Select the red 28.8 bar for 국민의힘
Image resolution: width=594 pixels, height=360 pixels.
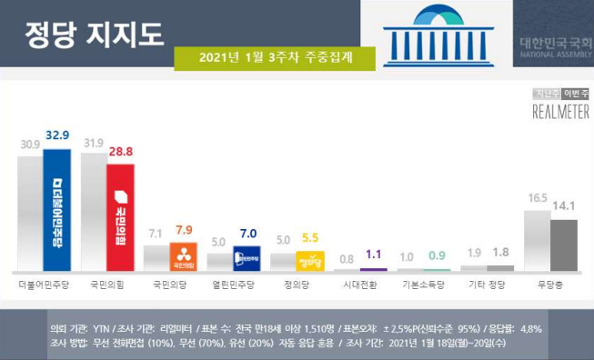pyautogui.click(x=120, y=217)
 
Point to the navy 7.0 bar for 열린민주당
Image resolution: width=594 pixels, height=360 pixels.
pyautogui.click(x=247, y=259)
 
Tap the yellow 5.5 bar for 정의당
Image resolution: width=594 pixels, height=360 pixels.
pyautogui.click(x=310, y=262)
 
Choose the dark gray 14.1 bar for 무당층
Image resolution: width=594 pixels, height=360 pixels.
pyautogui.click(x=564, y=245)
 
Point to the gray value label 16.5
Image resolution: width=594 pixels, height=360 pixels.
pyautogui.click(x=536, y=197)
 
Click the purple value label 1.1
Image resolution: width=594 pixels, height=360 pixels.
pyautogui.click(x=374, y=255)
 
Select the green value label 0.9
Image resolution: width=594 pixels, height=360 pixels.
pyautogui.click(x=437, y=255)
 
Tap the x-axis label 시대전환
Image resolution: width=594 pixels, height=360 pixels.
pyautogui.click(x=360, y=285)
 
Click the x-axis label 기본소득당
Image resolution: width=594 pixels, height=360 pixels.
pyautogui.click(x=423, y=285)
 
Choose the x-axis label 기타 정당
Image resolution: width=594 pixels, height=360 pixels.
pyautogui.click(x=487, y=285)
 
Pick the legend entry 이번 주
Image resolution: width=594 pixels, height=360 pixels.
pyautogui.click(x=575, y=94)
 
